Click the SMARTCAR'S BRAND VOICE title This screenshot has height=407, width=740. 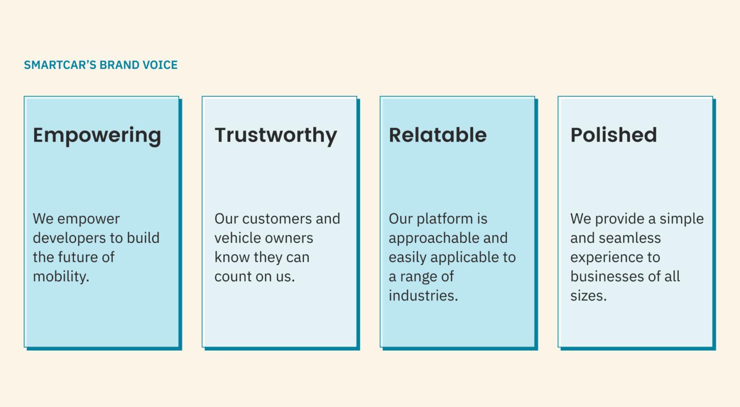[101, 65]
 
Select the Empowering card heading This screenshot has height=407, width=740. [97, 136]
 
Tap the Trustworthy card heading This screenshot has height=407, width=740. [276, 136]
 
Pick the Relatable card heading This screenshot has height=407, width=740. [437, 135]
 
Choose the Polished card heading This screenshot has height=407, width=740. [613, 135]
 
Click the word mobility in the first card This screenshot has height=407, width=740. [60, 277]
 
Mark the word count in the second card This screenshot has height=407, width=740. [233, 277]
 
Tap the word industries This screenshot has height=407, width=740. [423, 296]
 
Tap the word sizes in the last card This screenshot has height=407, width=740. [587, 296]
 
